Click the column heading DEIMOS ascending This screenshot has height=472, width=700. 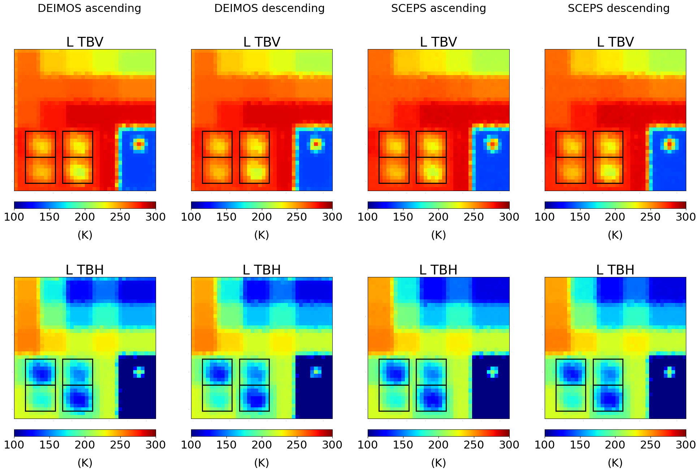(x=89, y=8)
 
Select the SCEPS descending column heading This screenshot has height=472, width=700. (x=618, y=8)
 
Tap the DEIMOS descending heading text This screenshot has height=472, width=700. (x=269, y=8)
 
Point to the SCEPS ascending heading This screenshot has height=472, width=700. (x=438, y=8)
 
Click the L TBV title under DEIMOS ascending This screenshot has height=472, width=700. (x=85, y=42)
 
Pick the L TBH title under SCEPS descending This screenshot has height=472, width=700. (x=615, y=270)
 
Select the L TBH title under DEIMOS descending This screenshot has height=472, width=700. (x=262, y=270)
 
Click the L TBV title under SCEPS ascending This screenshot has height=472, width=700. (x=438, y=42)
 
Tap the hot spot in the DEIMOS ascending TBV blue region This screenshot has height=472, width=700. (x=139, y=144)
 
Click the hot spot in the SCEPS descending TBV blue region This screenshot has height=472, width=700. (x=669, y=144)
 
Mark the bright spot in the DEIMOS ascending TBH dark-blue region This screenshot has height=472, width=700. (x=139, y=372)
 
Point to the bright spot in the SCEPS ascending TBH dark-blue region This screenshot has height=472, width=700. (x=492, y=372)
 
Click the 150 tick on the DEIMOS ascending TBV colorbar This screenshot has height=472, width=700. (x=49, y=217)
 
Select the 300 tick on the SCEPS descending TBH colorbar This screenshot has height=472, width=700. (x=686, y=445)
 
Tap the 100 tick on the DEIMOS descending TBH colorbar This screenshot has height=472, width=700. (x=191, y=445)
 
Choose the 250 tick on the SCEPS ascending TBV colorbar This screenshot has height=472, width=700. (x=474, y=217)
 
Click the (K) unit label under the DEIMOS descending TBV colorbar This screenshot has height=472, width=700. (x=262, y=235)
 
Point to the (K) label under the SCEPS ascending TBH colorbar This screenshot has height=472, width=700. (x=438, y=463)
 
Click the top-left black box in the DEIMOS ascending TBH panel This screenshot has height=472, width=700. (x=40, y=372)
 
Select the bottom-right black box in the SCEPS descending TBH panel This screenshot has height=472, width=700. (x=608, y=398)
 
